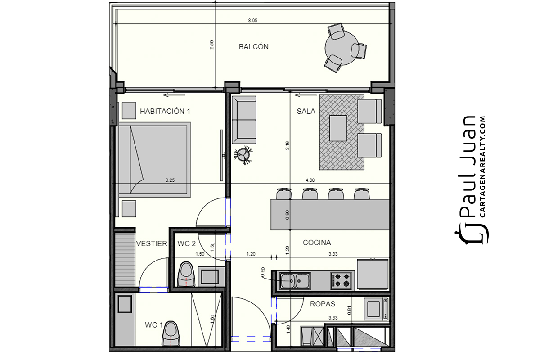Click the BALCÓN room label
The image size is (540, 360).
(x=254, y=46)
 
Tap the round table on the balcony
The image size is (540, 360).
(x=341, y=48)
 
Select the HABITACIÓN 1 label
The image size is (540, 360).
(x=165, y=112)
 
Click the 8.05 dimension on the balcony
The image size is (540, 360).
(x=252, y=21)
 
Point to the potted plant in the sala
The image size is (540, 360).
(x=243, y=155)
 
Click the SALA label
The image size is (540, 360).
(x=306, y=112)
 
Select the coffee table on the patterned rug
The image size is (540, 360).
(x=338, y=128)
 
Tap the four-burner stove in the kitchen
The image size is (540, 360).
(x=341, y=280)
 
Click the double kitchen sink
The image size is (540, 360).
(x=295, y=280)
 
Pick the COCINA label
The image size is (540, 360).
(x=317, y=243)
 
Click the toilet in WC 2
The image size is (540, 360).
(x=186, y=274)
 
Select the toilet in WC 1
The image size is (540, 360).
(x=171, y=334)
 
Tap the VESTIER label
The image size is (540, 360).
(x=152, y=243)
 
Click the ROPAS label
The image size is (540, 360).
(x=323, y=304)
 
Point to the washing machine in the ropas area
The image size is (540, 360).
(x=376, y=309)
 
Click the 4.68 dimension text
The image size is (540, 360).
(x=310, y=180)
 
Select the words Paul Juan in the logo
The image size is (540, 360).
(x=467, y=167)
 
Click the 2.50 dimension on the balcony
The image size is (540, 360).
(x=211, y=45)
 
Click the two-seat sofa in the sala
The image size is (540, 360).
(x=244, y=120)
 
